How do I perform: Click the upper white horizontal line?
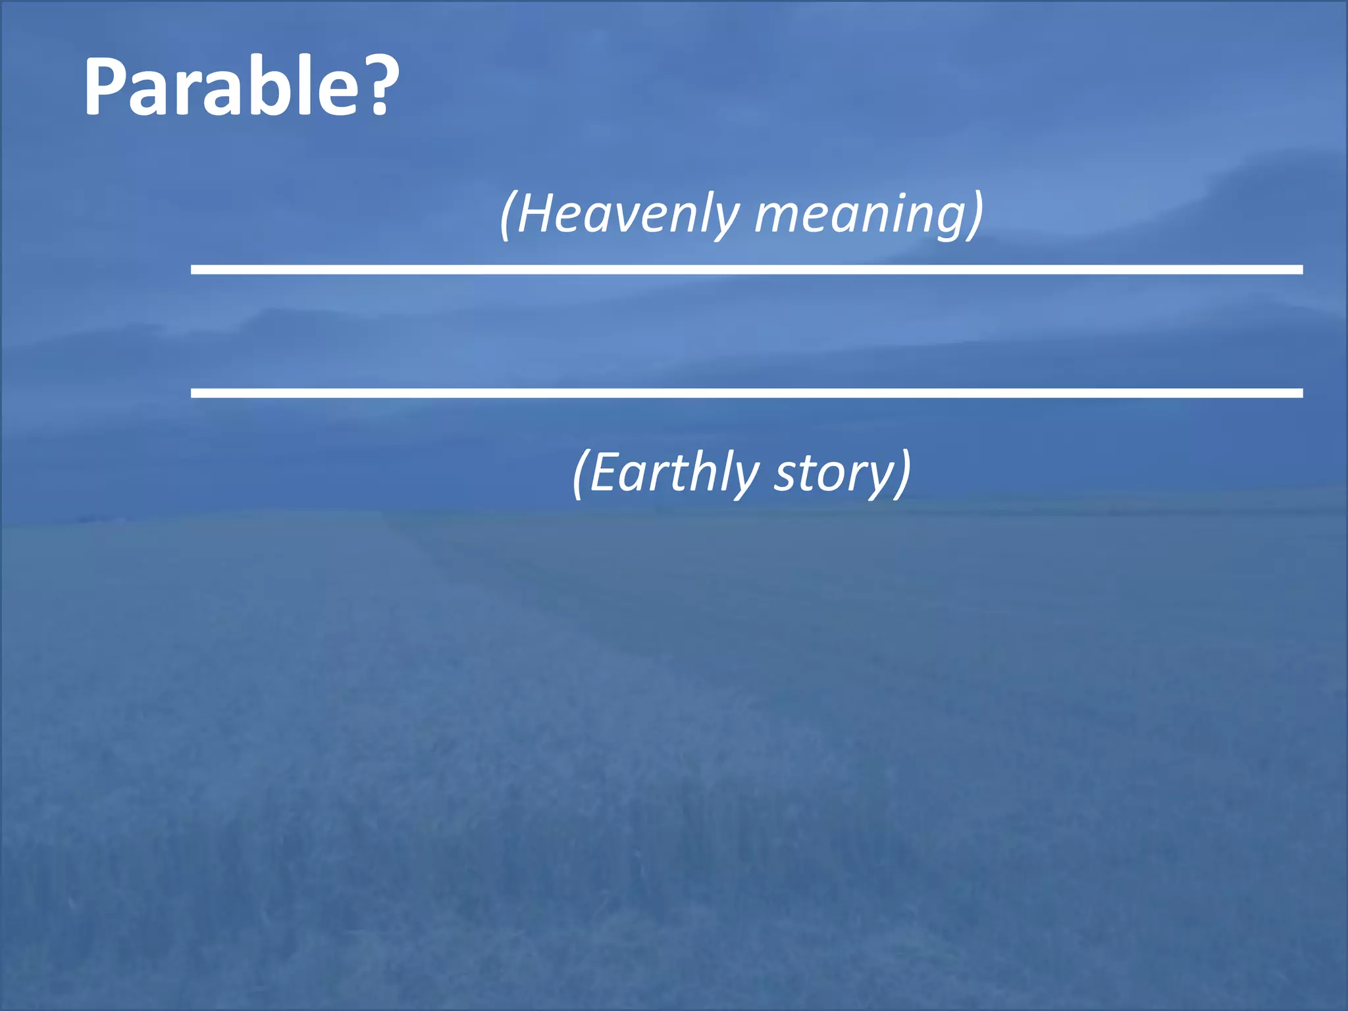[746, 270]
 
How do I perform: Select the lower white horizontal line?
[746, 393]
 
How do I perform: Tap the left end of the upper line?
[194, 270]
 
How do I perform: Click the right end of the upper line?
[1300, 270]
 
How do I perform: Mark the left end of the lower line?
[194, 393]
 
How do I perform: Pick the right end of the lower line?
[1300, 393]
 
